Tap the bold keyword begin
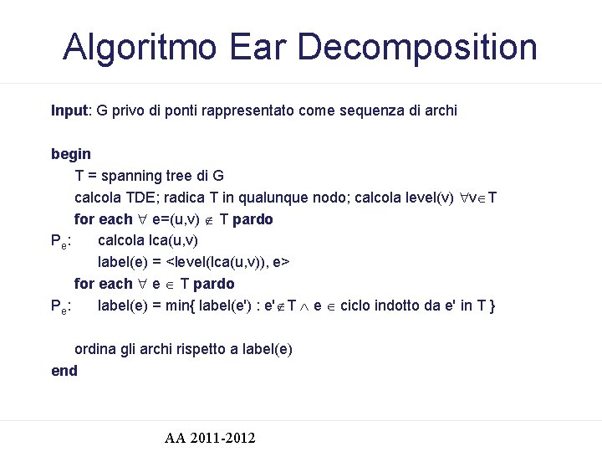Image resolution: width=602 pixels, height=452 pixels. [71, 154]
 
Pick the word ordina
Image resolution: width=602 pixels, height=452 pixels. [95, 349]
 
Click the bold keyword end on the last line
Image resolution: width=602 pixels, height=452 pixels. [64, 371]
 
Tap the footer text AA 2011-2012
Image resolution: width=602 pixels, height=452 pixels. [210, 438]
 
